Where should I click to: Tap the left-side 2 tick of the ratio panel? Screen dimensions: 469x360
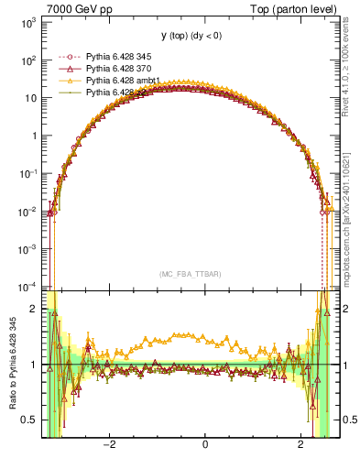34,310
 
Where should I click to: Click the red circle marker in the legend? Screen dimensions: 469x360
65,57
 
